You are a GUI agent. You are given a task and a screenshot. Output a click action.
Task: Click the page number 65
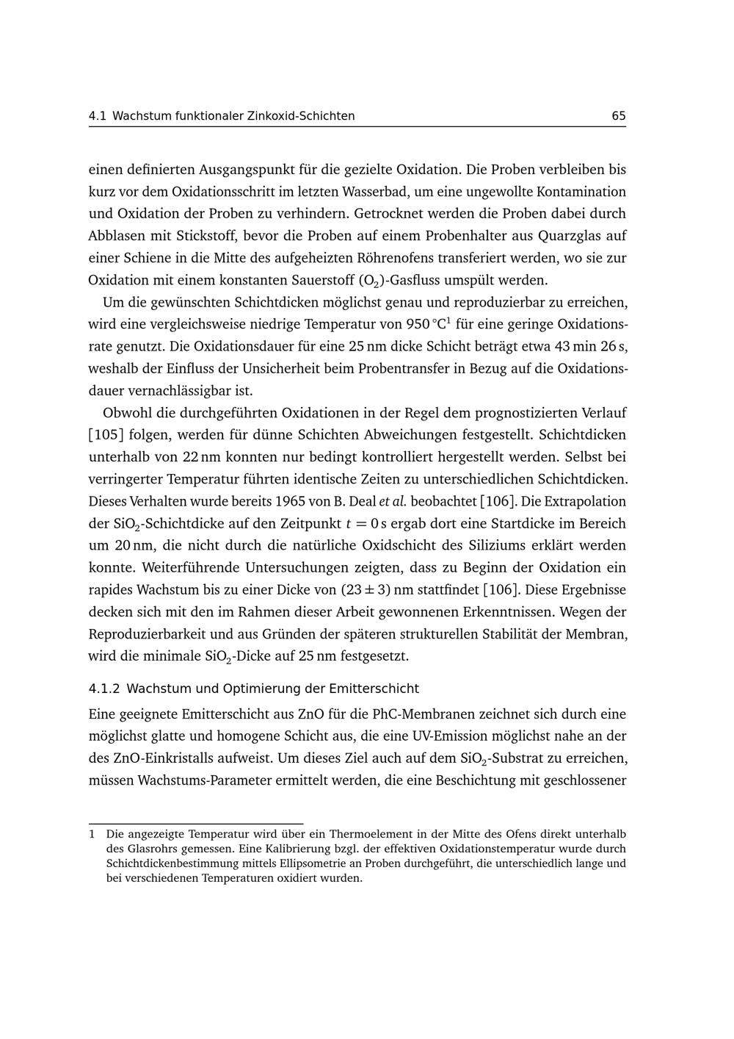point(618,116)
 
